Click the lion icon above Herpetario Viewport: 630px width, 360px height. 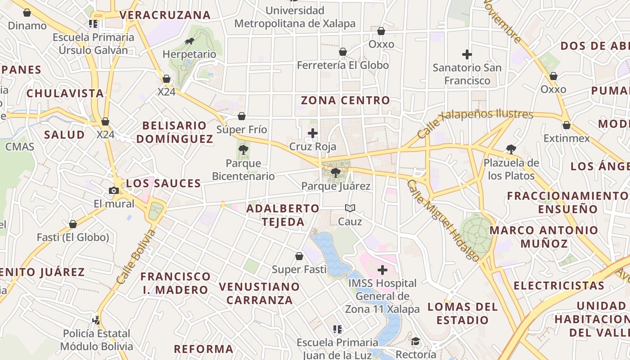pos(189,41)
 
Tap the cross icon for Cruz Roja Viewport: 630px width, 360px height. pos(313,133)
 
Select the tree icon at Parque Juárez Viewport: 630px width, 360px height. pos(335,172)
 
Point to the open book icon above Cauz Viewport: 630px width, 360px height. pos(350,208)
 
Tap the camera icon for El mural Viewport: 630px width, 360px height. pos(114,190)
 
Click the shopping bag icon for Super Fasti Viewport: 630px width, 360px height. pos(299,256)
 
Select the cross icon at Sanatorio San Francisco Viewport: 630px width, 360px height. pos(467,54)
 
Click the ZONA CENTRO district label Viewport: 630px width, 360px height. pos(345,100)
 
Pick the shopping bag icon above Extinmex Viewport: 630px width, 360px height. pos(567,125)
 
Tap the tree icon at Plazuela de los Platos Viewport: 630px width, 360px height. pos(511,149)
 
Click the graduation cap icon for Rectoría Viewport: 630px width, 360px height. pos(416,341)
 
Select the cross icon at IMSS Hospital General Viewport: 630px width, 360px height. pos(382,270)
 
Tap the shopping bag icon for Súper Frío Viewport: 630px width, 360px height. pos(242,116)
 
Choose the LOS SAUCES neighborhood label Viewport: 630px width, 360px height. pos(163,183)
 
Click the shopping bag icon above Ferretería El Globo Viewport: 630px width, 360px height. pos(343,52)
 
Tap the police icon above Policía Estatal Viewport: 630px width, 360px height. pos(96,319)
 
